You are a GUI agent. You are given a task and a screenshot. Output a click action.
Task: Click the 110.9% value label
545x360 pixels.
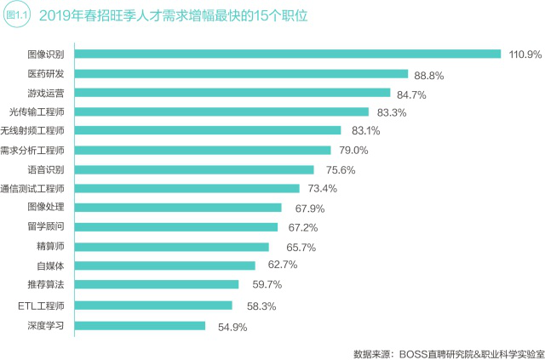[x=525, y=54]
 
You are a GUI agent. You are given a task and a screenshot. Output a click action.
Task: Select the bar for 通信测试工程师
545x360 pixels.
[x=186, y=189]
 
